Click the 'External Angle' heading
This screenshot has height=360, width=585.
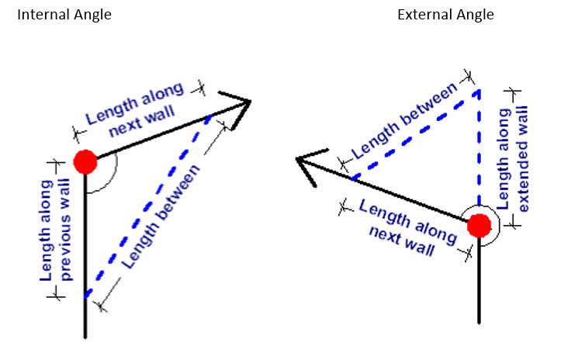pyautogui.click(x=445, y=15)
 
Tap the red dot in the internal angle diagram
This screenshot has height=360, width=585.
pyautogui.click(x=85, y=162)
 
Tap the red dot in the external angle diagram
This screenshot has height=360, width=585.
pyautogui.click(x=480, y=225)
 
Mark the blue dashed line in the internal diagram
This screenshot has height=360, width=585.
pyautogui.click(x=147, y=206)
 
